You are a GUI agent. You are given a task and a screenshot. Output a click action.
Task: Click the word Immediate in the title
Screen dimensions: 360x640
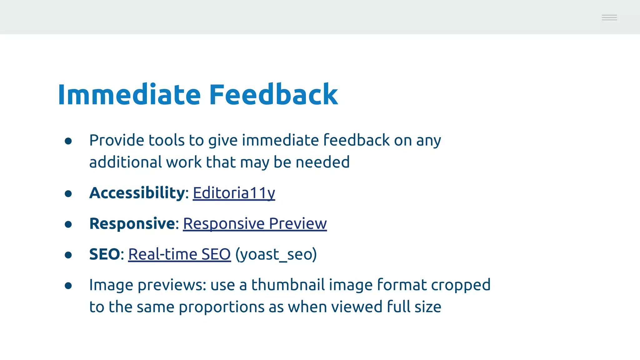click(x=129, y=94)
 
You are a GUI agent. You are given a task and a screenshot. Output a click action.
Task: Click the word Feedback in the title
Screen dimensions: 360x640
click(x=273, y=94)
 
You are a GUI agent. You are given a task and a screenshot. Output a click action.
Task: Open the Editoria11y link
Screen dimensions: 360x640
click(x=234, y=193)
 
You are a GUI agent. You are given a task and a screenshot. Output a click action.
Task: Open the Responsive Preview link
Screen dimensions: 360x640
click(x=255, y=223)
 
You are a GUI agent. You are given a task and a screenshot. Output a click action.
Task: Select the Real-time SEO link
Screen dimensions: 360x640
click(x=179, y=254)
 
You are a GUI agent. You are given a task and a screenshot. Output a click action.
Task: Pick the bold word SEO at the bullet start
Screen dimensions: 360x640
click(x=104, y=254)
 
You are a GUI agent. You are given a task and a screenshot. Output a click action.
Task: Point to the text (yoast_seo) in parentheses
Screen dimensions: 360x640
click(x=276, y=254)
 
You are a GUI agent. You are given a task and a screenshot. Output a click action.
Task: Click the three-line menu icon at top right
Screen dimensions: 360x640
click(x=609, y=17)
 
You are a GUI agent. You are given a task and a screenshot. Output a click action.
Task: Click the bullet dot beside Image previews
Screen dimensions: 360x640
click(x=68, y=286)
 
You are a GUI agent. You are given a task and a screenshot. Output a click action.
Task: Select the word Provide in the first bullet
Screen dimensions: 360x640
click(x=117, y=140)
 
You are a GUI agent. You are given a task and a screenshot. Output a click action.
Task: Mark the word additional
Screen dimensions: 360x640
click(x=125, y=162)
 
